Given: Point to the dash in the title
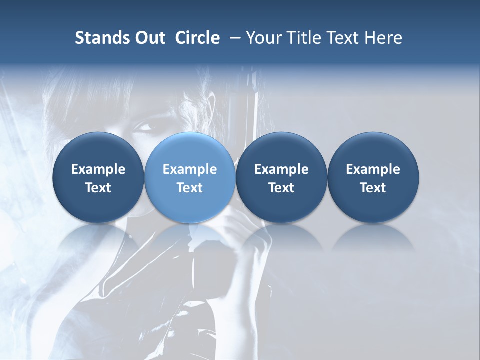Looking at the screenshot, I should pyautogui.click(x=233, y=38).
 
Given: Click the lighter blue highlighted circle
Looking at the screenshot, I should pyautogui.click(x=190, y=177).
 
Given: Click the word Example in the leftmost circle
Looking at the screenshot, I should pyautogui.click(x=98, y=169).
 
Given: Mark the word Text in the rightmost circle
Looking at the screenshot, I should pyautogui.click(x=373, y=188).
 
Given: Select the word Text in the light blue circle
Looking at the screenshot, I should pyautogui.click(x=190, y=188).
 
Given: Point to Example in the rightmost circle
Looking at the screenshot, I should pyautogui.click(x=373, y=169).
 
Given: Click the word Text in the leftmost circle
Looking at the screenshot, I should pyautogui.click(x=98, y=188).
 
